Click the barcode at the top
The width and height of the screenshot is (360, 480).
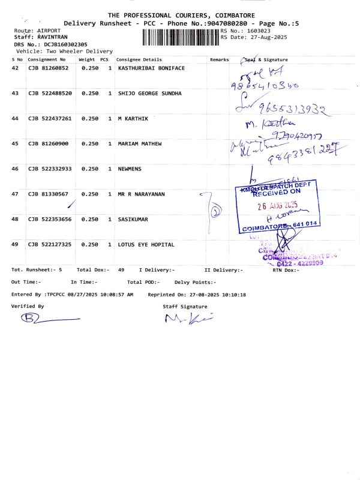181,37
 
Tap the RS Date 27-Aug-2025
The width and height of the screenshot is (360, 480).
268,37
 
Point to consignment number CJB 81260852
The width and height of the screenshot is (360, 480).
49,68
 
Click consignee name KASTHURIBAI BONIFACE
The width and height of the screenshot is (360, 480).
151,68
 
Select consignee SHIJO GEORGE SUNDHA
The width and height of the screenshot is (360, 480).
149,94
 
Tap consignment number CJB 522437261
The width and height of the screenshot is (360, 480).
50,119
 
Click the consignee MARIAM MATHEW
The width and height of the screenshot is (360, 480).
139,144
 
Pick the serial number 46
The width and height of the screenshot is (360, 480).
16,169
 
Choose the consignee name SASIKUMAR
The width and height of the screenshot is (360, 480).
133,220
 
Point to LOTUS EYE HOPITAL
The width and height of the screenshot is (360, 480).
146,245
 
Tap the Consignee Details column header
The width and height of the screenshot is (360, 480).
139,60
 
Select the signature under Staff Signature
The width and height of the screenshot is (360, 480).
189,318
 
